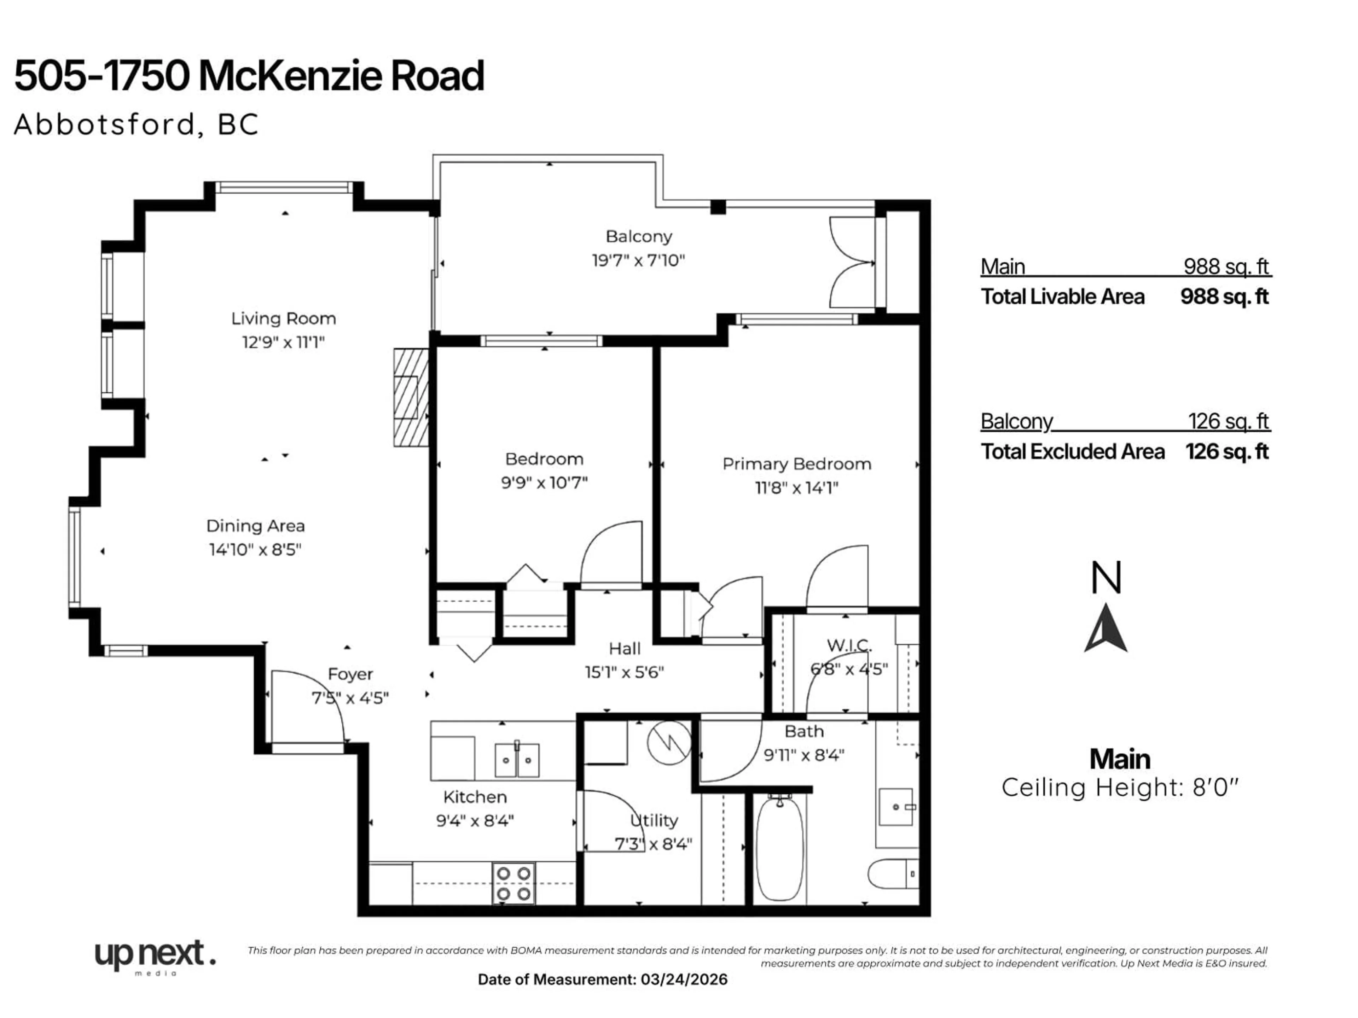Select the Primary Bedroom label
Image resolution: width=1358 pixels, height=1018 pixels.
pos(796,464)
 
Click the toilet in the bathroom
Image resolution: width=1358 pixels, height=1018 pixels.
pos(892,873)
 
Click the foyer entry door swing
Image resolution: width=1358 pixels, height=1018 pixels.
pos(307,706)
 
